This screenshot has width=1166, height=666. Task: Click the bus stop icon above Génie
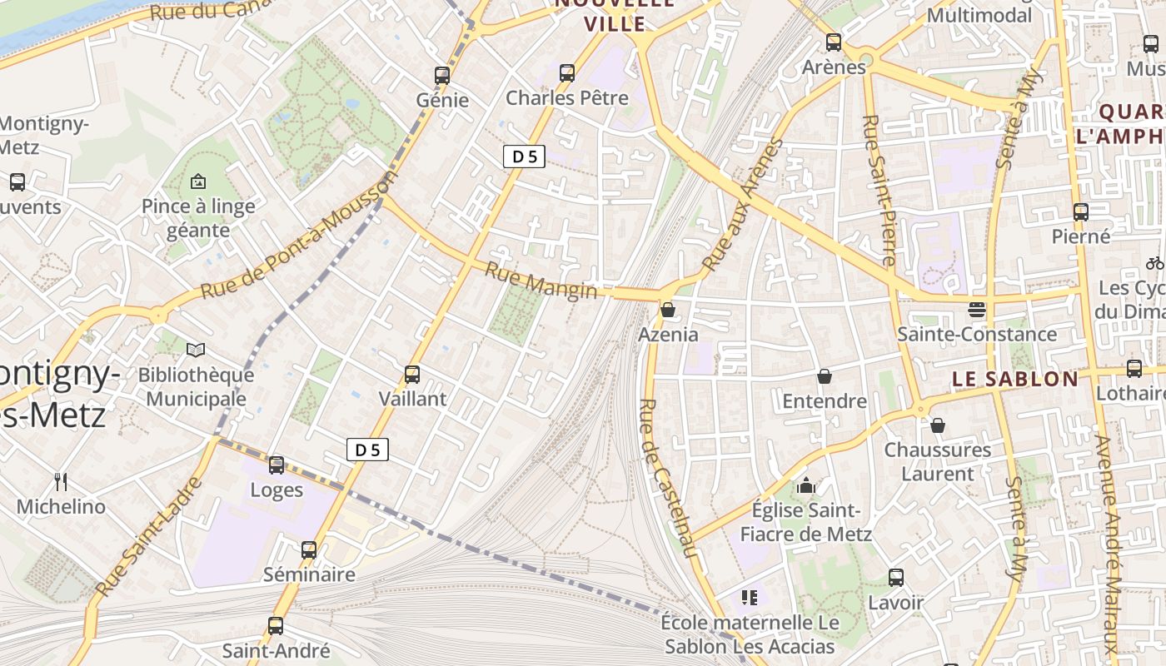pyautogui.click(x=442, y=75)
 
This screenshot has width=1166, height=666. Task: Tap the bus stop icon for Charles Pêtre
pyautogui.click(x=567, y=72)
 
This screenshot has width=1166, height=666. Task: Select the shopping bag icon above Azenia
pyautogui.click(x=668, y=311)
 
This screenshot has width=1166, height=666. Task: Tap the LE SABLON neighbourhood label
pyautogui.click(x=1014, y=379)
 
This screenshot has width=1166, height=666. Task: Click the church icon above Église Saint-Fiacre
pyautogui.click(x=806, y=485)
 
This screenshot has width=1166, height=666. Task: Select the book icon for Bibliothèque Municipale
pyautogui.click(x=196, y=350)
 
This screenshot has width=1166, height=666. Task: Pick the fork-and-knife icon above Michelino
pyautogui.click(x=61, y=481)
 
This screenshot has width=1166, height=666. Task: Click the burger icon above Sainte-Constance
pyautogui.click(x=977, y=310)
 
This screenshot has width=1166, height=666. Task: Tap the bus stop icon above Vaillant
pyautogui.click(x=412, y=374)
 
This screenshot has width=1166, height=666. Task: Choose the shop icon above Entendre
pyautogui.click(x=825, y=376)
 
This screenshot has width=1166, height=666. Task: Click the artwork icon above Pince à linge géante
pyautogui.click(x=198, y=181)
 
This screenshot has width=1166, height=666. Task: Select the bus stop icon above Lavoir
pyautogui.click(x=896, y=577)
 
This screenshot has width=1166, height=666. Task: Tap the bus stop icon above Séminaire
pyautogui.click(x=309, y=549)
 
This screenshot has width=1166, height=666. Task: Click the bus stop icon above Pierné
pyautogui.click(x=1081, y=211)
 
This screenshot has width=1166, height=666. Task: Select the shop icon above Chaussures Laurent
pyautogui.click(x=938, y=425)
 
